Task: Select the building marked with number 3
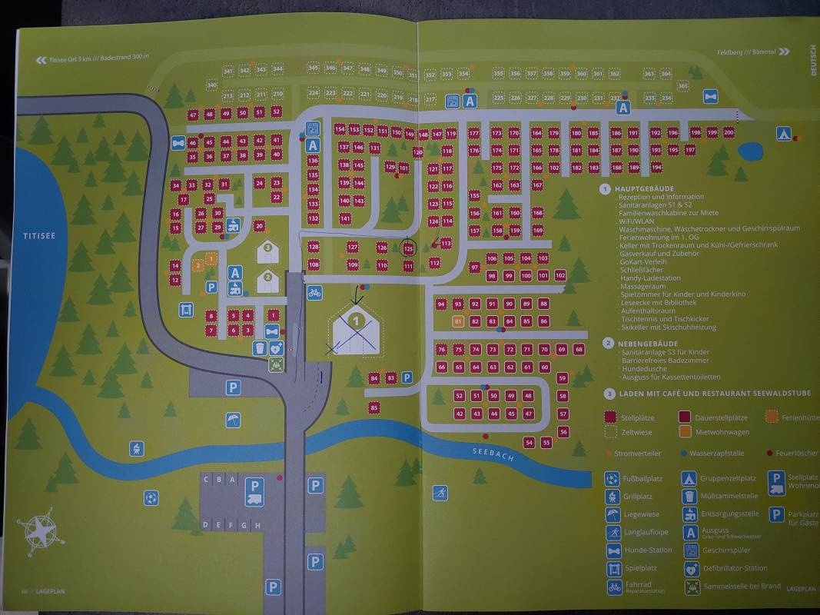[x=267, y=249]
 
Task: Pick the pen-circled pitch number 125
[x=408, y=248]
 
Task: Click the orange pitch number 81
[x=458, y=321]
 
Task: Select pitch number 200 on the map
[x=729, y=133]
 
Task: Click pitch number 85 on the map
[x=374, y=407]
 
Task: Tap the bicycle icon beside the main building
[x=314, y=293]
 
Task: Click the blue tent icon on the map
[x=783, y=133]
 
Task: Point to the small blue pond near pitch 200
[x=750, y=151]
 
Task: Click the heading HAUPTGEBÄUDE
[x=644, y=188]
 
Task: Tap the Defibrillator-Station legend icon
[x=690, y=570]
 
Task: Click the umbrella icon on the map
[x=233, y=421]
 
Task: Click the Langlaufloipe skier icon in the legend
[x=613, y=532]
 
